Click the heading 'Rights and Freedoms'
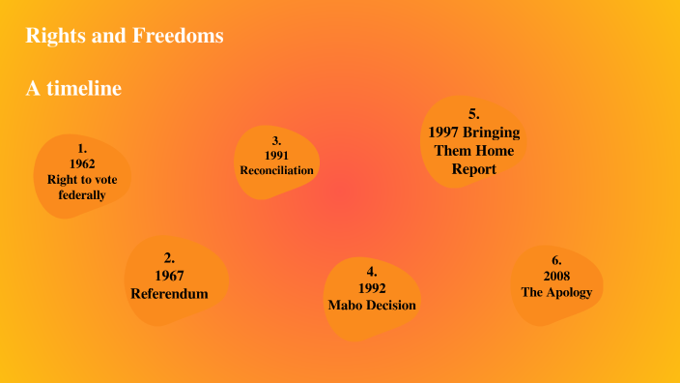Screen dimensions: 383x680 (x=125, y=37)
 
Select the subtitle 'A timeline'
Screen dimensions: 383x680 (x=73, y=88)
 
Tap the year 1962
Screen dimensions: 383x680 (x=82, y=163)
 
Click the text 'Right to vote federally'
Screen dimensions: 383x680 (x=82, y=187)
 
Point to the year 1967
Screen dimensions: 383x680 (x=169, y=276)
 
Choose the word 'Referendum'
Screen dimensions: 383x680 (x=169, y=293)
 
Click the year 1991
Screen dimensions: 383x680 (x=276, y=155)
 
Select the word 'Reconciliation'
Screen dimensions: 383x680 (x=276, y=170)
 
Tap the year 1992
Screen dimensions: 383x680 (x=372, y=288)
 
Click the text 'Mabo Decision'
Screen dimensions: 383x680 (x=372, y=305)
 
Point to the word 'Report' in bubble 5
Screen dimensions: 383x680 (x=473, y=169)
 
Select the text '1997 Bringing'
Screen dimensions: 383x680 (x=473, y=132)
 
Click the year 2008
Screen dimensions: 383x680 (x=556, y=276)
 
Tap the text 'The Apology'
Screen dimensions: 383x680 (x=556, y=291)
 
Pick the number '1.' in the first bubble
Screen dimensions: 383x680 (x=82, y=148)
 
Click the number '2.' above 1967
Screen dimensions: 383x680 (x=169, y=257)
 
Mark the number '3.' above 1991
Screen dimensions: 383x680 (x=276, y=140)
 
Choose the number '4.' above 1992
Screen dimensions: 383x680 (x=372, y=272)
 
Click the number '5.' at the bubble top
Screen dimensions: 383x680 (x=473, y=113)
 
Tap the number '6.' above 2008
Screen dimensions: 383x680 (x=556, y=260)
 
